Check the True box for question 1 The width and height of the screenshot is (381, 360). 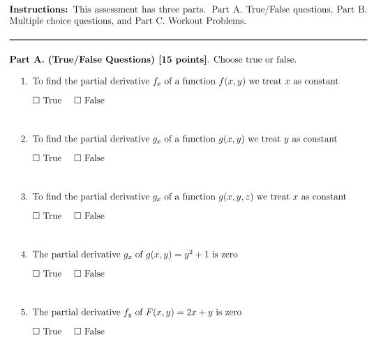(x=36, y=101)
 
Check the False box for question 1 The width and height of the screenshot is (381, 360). (x=77, y=101)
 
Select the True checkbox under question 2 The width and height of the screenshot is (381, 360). (x=36, y=159)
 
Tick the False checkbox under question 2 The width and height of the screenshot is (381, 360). (x=77, y=159)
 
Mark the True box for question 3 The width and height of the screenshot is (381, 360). (x=36, y=216)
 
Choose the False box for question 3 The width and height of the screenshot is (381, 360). (x=77, y=216)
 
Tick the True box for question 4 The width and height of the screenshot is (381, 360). (x=36, y=274)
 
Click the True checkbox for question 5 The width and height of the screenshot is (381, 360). (x=36, y=332)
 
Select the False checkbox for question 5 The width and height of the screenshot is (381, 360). (x=77, y=332)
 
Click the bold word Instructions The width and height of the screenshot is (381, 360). (x=38, y=9)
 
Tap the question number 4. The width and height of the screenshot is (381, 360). (x=24, y=255)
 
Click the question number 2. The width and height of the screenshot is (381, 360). (x=24, y=140)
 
